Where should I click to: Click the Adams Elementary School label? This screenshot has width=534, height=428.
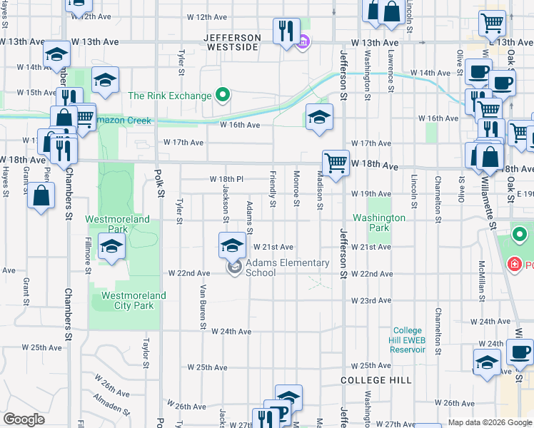pyautogui.click(x=288, y=267)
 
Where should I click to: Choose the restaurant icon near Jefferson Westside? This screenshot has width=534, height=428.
pyautogui.click(x=286, y=31)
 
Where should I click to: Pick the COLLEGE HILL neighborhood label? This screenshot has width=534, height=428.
pyautogui.click(x=376, y=380)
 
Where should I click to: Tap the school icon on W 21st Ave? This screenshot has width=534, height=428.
pyautogui.click(x=231, y=245)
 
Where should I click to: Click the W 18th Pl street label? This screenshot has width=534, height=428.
pyautogui.click(x=226, y=178)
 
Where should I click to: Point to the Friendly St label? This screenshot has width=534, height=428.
pyautogui.click(x=273, y=190)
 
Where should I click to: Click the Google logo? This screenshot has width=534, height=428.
pyautogui.click(x=24, y=419)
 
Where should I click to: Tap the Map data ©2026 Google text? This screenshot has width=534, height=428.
pyautogui.click(x=489, y=422)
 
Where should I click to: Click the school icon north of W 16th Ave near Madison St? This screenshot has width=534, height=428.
pyautogui.click(x=319, y=117)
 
